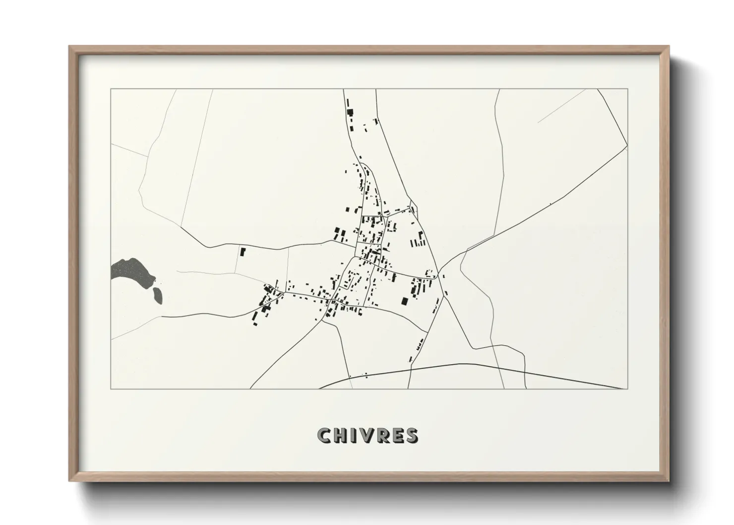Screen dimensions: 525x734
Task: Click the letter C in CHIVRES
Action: pyautogui.click(x=324, y=435)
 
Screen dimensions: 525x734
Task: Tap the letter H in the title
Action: pyautogui.click(x=340, y=435)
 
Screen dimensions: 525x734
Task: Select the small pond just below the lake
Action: pyautogui.click(x=157, y=294)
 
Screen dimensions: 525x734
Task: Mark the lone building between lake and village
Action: pyautogui.click(x=243, y=252)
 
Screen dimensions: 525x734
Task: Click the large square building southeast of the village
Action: pyautogui.click(x=404, y=301)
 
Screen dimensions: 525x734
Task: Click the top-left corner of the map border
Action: pyautogui.click(x=111, y=89)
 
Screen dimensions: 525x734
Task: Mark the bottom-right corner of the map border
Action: pyautogui.click(x=628, y=389)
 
